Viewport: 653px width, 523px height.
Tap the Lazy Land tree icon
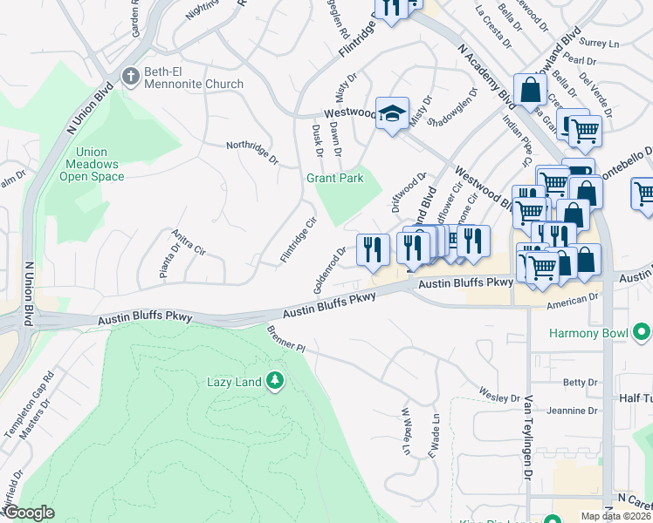point(275,381)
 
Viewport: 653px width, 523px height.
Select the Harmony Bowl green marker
point(642,333)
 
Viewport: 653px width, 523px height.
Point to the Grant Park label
point(333,178)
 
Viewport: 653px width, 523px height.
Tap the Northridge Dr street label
point(251,153)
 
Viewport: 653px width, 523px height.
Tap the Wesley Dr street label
point(500,397)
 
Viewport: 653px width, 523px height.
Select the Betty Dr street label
point(580,382)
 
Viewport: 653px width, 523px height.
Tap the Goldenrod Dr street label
point(329,269)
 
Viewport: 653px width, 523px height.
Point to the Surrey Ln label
point(600,42)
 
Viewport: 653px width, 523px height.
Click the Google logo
point(29,513)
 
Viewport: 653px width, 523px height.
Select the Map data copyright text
point(615,516)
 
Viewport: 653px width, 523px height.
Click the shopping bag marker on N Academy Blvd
point(530,89)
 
